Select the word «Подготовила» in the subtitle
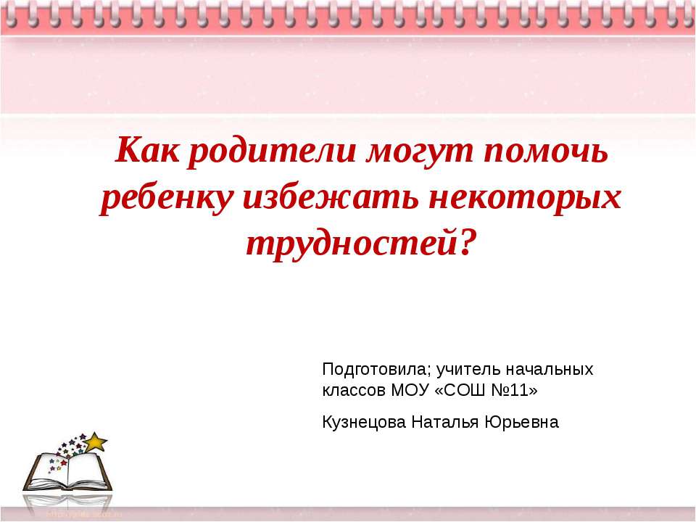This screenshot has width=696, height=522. [376, 370]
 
